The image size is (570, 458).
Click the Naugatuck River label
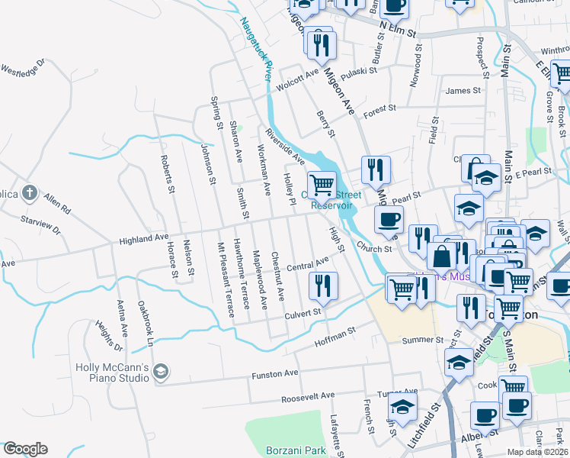[257, 53]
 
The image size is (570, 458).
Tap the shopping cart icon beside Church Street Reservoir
[322, 185]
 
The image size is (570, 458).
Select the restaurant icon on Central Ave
[323, 285]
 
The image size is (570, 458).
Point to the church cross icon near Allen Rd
[29, 192]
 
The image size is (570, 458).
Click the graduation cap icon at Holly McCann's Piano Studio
[160, 372]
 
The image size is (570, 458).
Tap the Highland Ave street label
[143, 240]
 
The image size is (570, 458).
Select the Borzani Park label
[296, 450]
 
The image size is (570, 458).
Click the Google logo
[24, 449]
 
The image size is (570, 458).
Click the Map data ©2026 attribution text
[536, 452]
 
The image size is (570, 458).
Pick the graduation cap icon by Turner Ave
[402, 405]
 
